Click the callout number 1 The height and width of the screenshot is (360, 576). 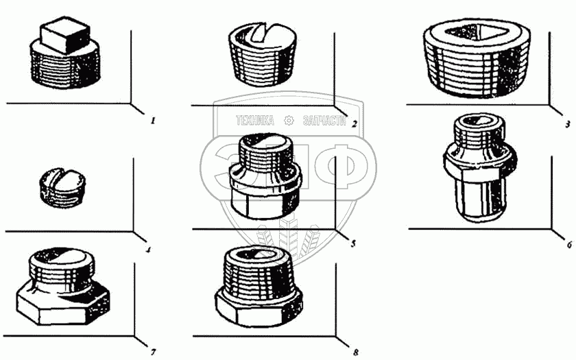pyautogui.click(x=153, y=121)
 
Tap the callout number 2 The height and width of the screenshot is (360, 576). pyautogui.click(x=354, y=124)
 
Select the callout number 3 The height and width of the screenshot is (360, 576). pyautogui.click(x=568, y=125)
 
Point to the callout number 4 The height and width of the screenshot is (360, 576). pyautogui.click(x=148, y=250)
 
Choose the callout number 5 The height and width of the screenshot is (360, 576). pyautogui.click(x=353, y=243)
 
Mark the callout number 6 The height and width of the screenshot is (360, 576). pyautogui.click(x=569, y=244)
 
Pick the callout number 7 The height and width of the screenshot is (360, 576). pyautogui.click(x=153, y=352)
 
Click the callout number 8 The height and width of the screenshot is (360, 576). pyautogui.click(x=356, y=352)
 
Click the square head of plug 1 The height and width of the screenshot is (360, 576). pyautogui.click(x=65, y=34)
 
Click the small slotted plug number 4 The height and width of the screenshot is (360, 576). pyautogui.click(x=63, y=188)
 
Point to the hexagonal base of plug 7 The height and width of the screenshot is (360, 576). pyautogui.click(x=63, y=304)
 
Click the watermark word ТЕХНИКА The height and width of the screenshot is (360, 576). pyautogui.click(x=255, y=121)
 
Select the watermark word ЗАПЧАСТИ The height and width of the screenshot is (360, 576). pyautogui.click(x=324, y=121)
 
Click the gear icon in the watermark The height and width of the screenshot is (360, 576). pyautogui.click(x=289, y=121)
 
